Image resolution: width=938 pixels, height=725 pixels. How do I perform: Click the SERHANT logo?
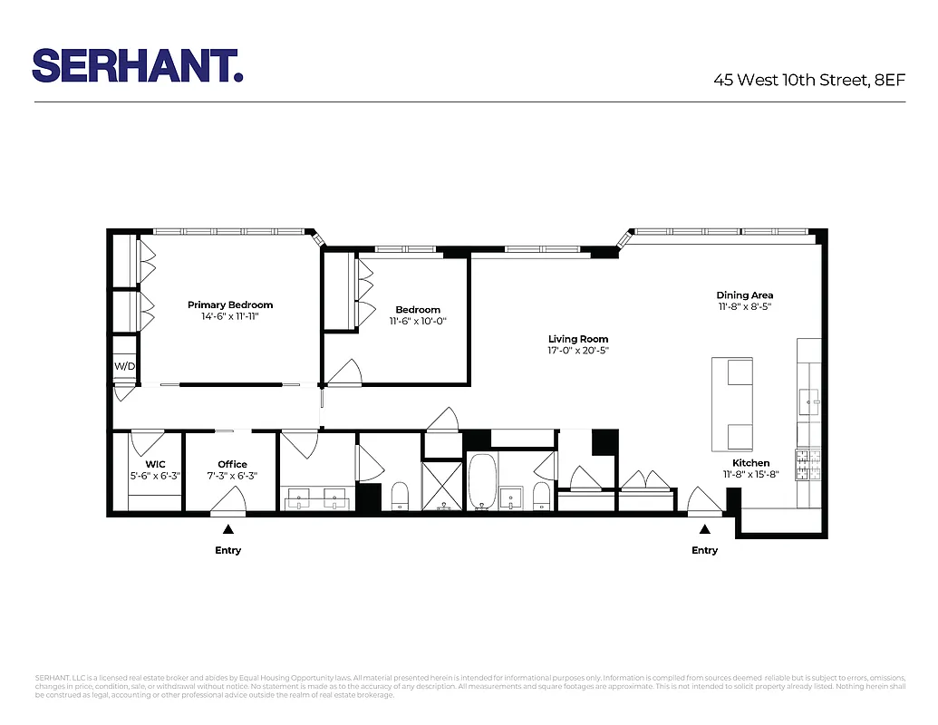(x=138, y=65)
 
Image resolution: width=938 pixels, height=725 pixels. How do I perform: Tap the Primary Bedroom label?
(x=230, y=304)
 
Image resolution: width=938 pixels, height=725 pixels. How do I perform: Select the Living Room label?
(x=577, y=339)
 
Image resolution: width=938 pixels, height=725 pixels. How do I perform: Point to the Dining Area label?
(x=744, y=295)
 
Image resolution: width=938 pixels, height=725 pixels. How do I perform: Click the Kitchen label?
(x=750, y=462)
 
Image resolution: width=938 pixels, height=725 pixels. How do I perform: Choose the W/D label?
(x=123, y=366)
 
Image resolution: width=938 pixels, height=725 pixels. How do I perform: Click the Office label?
(x=232, y=464)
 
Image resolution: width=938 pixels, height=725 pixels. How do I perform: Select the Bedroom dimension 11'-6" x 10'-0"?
(x=418, y=321)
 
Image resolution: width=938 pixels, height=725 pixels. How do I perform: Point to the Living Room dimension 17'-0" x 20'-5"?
(x=577, y=351)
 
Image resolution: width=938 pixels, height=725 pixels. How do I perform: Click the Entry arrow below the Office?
(x=228, y=528)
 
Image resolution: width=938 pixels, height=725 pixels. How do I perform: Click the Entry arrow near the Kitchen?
(x=704, y=528)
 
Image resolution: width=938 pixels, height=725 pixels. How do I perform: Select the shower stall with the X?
(x=443, y=486)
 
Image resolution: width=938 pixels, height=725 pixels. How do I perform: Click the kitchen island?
(x=731, y=403)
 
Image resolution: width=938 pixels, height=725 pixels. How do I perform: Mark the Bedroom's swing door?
(x=345, y=372)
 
